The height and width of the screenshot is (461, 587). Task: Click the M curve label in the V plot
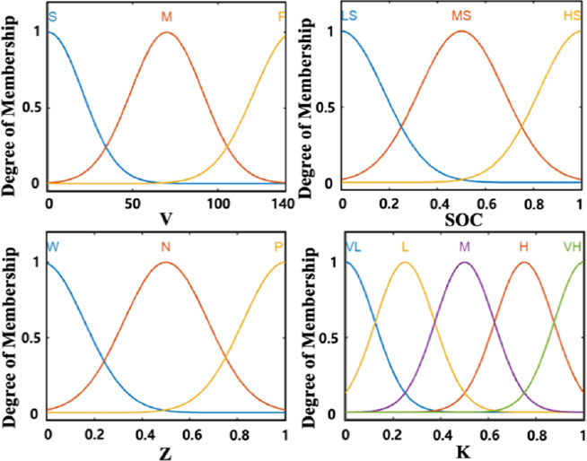pos(167,17)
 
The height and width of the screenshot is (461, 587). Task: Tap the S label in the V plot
pos(52,17)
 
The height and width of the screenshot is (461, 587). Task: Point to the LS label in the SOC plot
pos(350,17)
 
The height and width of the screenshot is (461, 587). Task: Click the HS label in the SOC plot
pos(572,17)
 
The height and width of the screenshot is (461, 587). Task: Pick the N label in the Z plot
pos(165,246)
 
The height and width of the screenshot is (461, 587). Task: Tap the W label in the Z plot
pos(53,246)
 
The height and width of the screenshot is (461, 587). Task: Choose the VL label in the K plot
pos(352,246)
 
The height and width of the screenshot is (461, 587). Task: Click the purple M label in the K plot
pos(464,246)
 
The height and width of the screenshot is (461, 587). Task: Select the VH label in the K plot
pos(572,246)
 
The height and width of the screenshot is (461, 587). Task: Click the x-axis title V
pos(164,218)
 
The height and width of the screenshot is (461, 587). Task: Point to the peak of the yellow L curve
pos(405,262)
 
